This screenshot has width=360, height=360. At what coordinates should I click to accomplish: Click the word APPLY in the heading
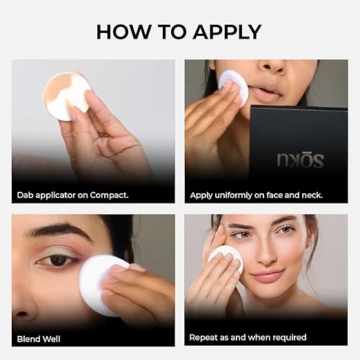[227, 32]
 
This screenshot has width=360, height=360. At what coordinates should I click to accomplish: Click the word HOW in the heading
[123, 32]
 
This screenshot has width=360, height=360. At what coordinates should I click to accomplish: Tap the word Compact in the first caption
[109, 195]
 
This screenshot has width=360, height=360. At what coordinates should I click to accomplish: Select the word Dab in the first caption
[26, 195]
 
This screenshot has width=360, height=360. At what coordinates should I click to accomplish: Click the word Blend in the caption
[29, 339]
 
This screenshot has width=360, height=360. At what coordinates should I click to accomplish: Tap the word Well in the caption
[52, 339]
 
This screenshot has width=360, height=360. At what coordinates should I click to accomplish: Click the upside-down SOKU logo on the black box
[301, 160]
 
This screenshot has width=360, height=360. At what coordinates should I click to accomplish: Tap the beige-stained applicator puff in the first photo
[68, 97]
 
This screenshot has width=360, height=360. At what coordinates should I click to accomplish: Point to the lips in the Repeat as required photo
[268, 275]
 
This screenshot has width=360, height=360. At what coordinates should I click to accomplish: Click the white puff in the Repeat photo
[226, 258]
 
